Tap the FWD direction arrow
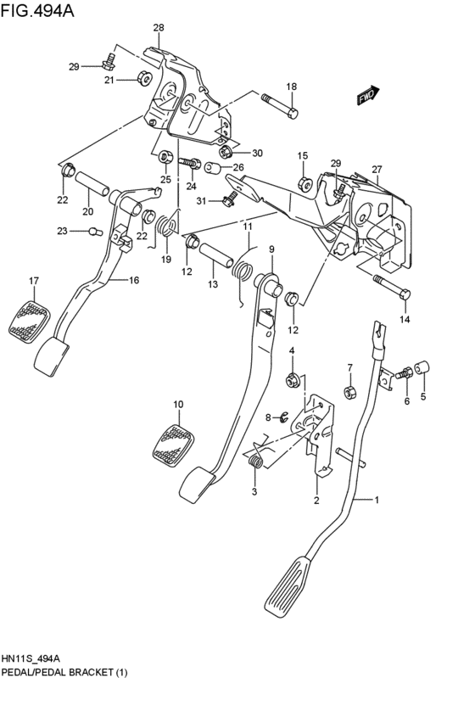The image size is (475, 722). pos(366,98)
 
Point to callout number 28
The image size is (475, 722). pos(158,28)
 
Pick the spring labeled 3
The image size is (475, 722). pos(254,462)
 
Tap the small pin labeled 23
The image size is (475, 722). pos(95,230)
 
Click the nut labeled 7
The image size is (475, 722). pos(348,391)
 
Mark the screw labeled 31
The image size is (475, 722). pos(227,200)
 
